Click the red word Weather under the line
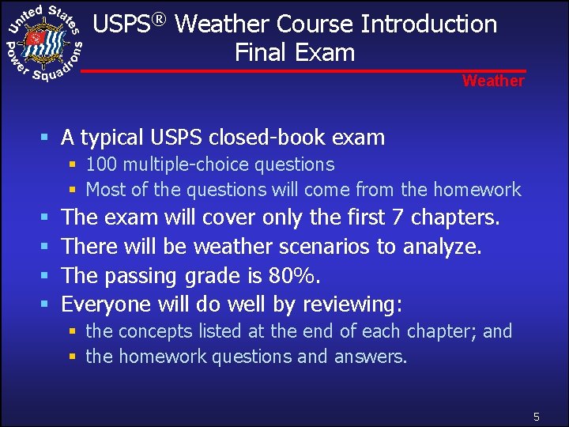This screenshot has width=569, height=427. pyautogui.click(x=493, y=81)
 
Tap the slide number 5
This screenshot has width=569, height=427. pyautogui.click(x=536, y=416)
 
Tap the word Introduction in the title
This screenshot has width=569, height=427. pyautogui.click(x=429, y=24)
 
